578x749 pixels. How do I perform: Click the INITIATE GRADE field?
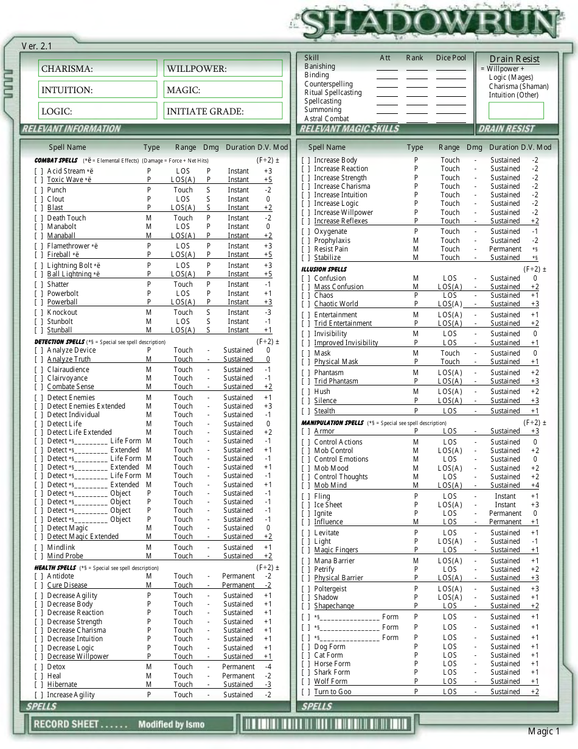pyautogui.click(x=224, y=111)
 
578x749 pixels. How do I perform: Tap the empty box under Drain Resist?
pyautogui.click(x=516, y=110)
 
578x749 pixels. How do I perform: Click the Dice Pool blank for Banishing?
pyautogui.click(x=451, y=66)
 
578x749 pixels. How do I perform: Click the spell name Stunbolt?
pyautogui.click(x=60, y=322)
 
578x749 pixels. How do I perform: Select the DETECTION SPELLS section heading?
pyautogui.click(x=59, y=342)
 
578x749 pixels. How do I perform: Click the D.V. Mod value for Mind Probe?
pyautogui.click(x=268, y=556)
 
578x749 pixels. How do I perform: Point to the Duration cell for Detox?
pyautogui.click(x=238, y=667)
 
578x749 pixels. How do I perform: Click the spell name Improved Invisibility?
pyautogui.click(x=346, y=343)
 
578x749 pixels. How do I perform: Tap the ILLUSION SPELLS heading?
pyautogui.click(x=324, y=269)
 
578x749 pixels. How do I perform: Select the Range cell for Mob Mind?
pyautogui.click(x=450, y=485)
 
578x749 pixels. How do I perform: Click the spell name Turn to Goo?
pyautogui.click(x=332, y=692)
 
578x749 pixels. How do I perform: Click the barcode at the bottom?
pyautogui.click(x=326, y=724)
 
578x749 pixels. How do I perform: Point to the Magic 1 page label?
pyautogui.click(x=543, y=731)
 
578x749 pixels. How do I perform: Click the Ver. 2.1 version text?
pyautogui.click(x=37, y=46)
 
